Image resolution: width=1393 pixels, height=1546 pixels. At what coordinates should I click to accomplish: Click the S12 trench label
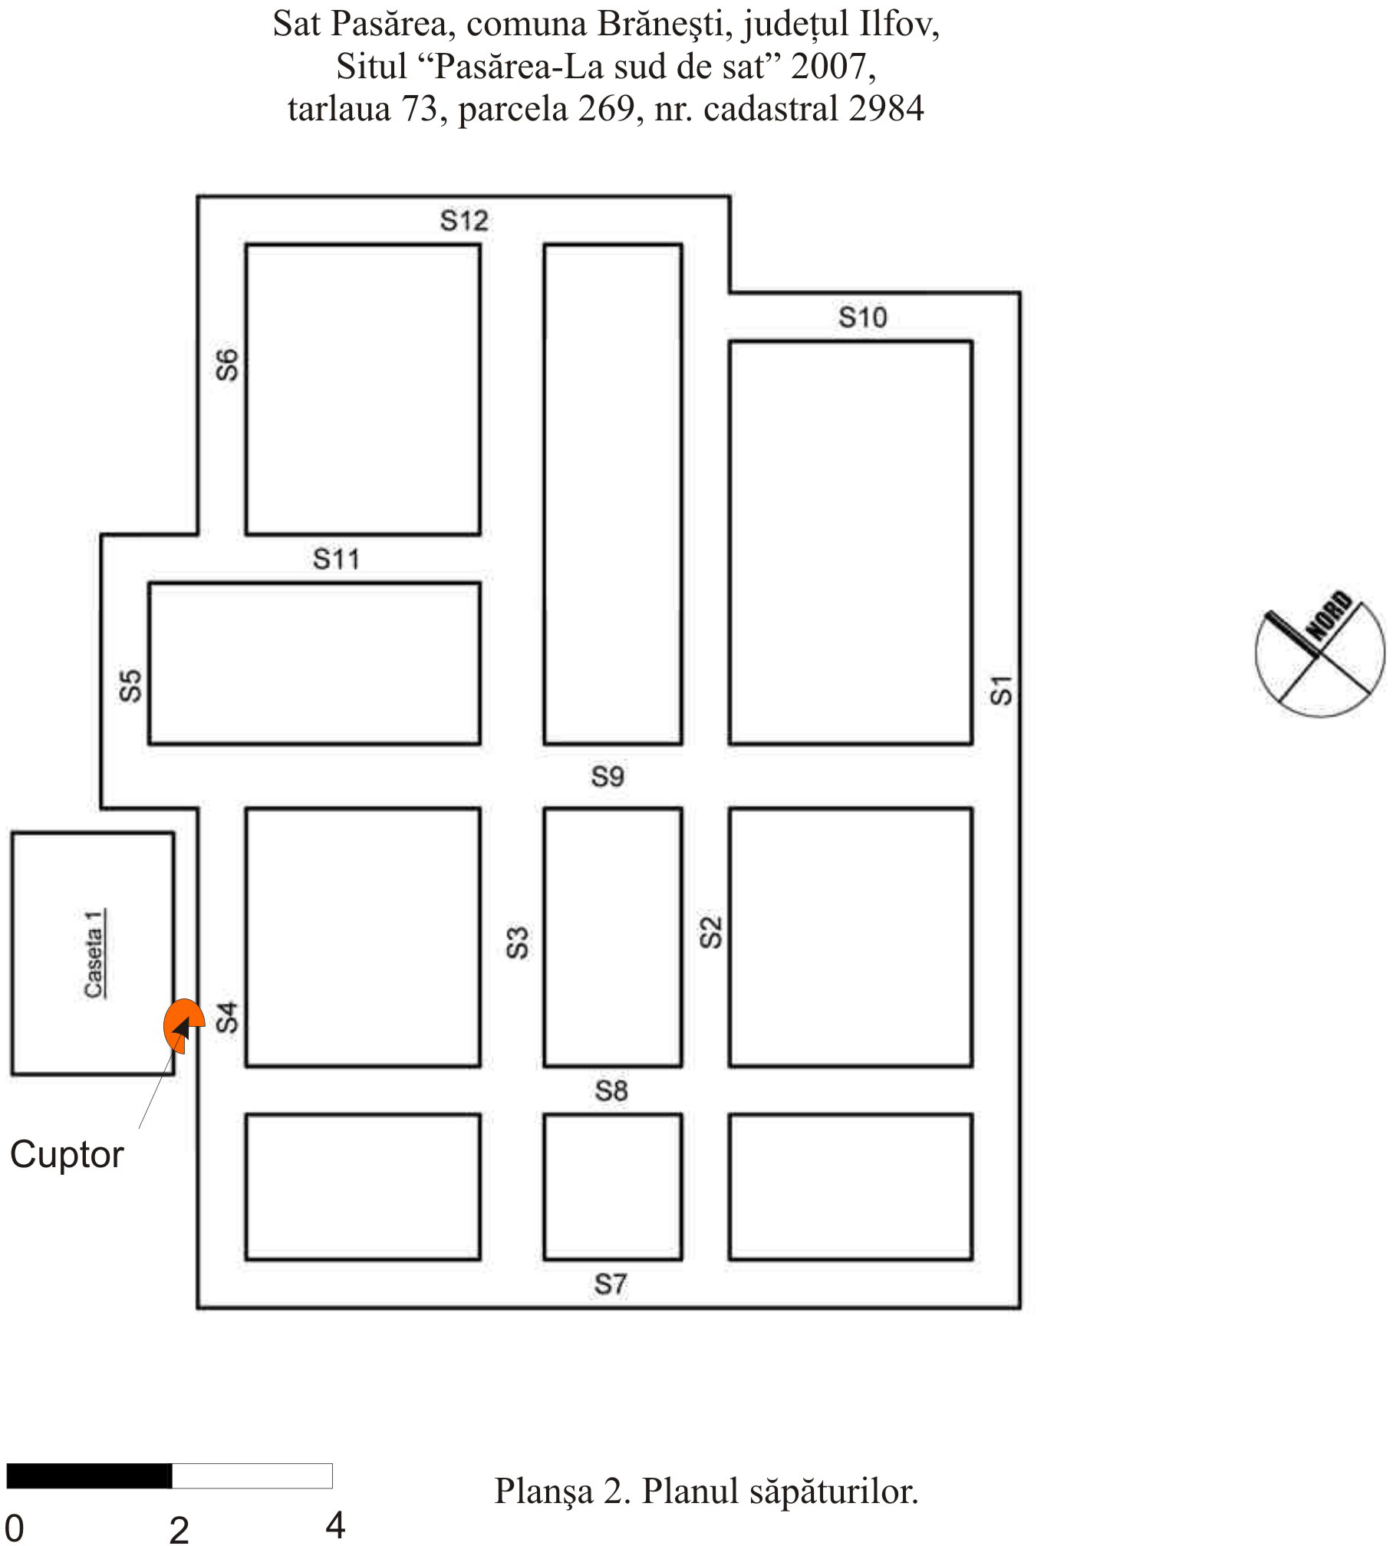click(x=464, y=221)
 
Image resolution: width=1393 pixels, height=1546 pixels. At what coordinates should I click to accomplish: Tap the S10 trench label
click(x=862, y=317)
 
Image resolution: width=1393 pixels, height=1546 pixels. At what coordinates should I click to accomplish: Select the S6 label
click(x=228, y=364)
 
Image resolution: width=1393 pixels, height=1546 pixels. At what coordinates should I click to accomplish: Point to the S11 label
click(x=336, y=559)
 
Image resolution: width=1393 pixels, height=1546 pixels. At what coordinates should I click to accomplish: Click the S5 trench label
click(x=131, y=686)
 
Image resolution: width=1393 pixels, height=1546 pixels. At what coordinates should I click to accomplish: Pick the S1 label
click(x=1001, y=689)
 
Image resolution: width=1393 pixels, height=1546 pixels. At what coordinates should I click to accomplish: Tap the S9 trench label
click(x=608, y=777)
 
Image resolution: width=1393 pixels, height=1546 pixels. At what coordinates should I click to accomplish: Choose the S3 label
click(x=518, y=942)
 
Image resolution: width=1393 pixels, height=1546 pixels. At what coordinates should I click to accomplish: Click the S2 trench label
click(x=711, y=932)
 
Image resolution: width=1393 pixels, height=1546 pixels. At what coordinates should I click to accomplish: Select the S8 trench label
click(x=611, y=1090)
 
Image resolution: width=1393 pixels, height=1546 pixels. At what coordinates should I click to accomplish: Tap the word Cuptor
click(x=67, y=1155)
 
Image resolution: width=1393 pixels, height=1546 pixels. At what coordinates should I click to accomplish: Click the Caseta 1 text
click(x=94, y=953)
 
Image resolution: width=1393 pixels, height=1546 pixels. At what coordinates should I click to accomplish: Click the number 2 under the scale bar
click(x=179, y=1530)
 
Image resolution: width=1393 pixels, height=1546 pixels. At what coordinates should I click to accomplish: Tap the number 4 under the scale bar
click(x=335, y=1525)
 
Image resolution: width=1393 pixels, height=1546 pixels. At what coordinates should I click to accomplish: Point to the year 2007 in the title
click(x=829, y=67)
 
